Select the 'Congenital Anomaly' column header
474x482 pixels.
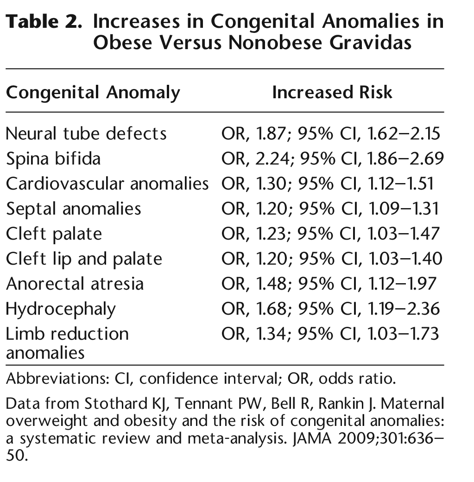(93, 93)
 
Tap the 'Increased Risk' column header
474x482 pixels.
(332, 92)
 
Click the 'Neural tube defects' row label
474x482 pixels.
(86, 133)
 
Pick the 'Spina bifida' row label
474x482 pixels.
(53, 159)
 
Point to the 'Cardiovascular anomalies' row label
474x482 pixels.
(107, 184)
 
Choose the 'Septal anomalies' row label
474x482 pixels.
(73, 209)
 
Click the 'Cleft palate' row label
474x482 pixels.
(54, 234)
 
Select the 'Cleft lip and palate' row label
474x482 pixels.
(84, 259)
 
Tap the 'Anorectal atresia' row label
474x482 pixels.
(75, 283)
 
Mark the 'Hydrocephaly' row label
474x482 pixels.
(61, 309)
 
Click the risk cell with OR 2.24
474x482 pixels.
(332, 159)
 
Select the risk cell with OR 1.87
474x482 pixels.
(330, 133)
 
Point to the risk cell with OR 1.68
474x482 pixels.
(330, 309)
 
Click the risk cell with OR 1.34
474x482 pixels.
(329, 334)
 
